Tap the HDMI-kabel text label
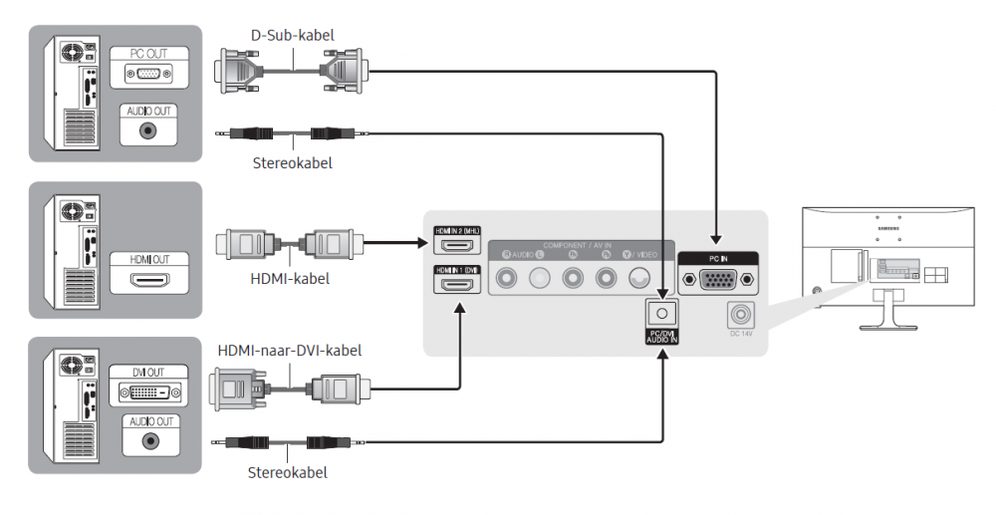289,280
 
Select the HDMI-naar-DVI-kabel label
289,351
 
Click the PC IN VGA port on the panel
717,281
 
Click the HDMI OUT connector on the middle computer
149,280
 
